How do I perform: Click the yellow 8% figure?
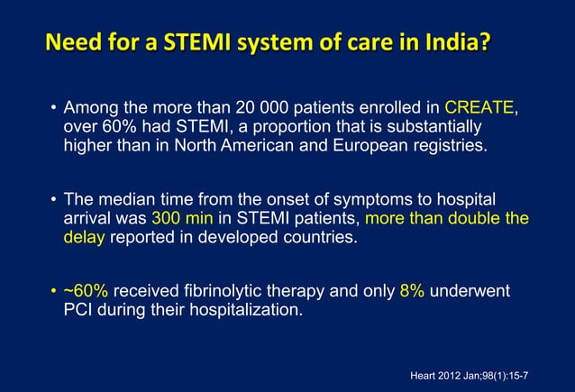pyautogui.click(x=412, y=291)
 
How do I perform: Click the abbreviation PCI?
pyautogui.click(x=79, y=311)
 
